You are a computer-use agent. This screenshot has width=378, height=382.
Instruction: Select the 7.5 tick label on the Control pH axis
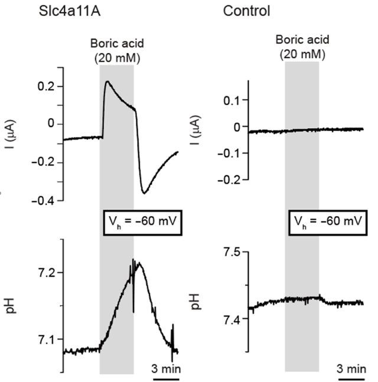point(232,253)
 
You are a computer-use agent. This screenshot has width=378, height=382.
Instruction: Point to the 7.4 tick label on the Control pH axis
point(232,319)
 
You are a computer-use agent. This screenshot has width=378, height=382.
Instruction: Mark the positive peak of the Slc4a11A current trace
point(107,81)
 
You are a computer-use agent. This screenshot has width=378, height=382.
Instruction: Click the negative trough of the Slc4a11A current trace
point(144,192)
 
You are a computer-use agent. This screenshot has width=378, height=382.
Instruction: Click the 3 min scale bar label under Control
point(351,368)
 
